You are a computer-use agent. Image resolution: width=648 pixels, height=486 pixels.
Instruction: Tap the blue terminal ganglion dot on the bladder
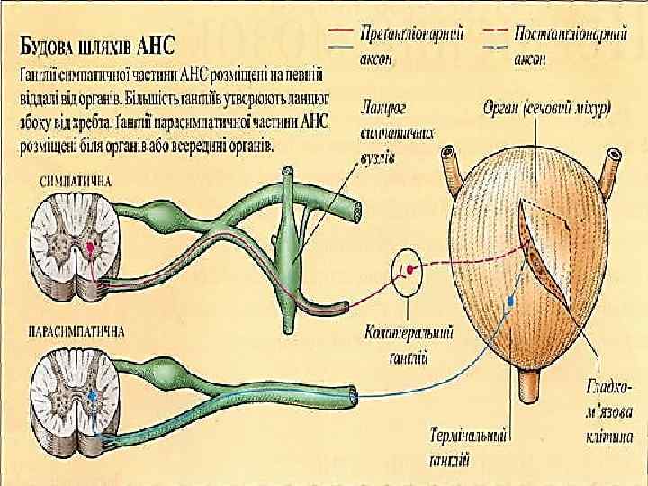(x=511, y=301)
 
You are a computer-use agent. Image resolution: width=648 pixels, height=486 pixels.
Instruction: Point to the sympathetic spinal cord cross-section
(x=76, y=243)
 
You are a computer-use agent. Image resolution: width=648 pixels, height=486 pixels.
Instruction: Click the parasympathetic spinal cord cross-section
(x=76, y=396)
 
